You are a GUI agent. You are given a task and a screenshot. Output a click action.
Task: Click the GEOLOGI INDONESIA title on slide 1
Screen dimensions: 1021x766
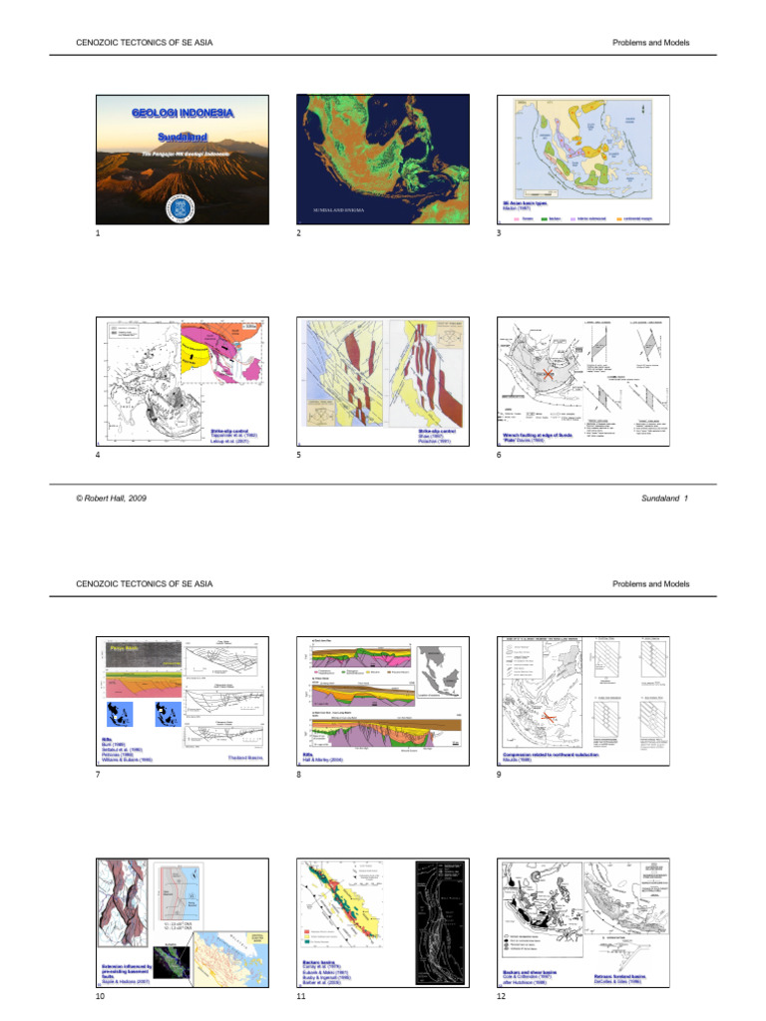click(x=183, y=113)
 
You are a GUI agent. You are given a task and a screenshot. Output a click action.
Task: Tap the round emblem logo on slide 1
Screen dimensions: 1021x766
click(x=183, y=208)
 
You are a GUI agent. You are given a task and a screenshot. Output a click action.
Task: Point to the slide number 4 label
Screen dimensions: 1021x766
click(x=98, y=455)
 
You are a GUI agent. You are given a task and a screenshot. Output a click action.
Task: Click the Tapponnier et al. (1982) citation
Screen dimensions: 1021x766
click(x=235, y=436)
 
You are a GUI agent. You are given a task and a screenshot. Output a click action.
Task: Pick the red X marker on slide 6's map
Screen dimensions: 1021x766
click(x=546, y=377)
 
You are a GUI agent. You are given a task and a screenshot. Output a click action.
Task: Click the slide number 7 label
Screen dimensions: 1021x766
click(x=98, y=776)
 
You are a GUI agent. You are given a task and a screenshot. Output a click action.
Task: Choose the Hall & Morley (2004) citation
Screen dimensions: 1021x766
click(x=328, y=758)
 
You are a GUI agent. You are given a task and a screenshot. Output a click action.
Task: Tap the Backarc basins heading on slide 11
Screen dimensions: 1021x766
click(x=323, y=964)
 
